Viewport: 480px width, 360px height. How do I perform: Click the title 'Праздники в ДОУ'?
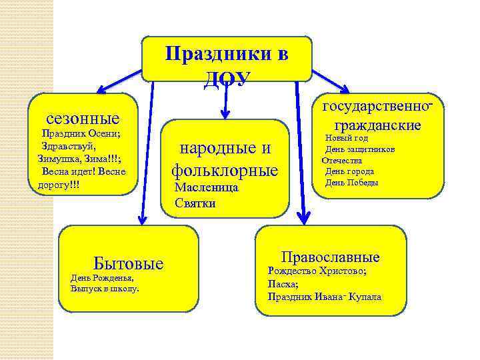(227, 63)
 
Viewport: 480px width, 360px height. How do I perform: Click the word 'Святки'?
(195, 203)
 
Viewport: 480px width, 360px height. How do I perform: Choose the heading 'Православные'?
(330, 257)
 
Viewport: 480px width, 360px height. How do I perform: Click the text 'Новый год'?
(347, 138)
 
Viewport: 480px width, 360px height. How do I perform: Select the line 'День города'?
(349, 171)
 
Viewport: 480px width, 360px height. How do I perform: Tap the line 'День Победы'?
(351, 183)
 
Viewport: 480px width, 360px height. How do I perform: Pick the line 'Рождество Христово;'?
(317, 271)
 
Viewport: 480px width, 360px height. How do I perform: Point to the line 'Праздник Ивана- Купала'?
(324, 296)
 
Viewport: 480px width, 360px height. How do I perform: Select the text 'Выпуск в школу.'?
(105, 289)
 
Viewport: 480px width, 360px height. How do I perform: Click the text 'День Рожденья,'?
(102, 277)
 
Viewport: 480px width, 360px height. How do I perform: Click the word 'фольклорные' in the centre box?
(225, 170)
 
